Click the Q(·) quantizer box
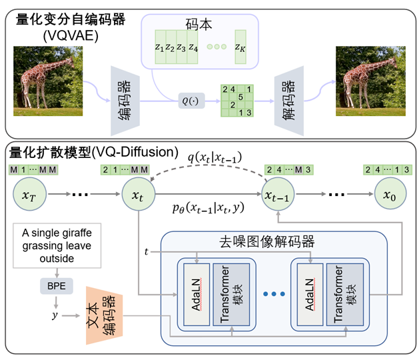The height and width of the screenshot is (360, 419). point(191,101)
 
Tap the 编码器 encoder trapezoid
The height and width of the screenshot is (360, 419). point(125,101)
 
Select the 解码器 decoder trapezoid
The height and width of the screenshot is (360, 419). point(289,101)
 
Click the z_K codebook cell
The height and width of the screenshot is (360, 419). point(240,47)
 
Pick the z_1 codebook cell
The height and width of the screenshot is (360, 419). point(161,47)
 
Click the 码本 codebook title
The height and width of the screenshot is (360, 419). point(199,25)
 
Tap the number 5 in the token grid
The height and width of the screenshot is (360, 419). point(240,97)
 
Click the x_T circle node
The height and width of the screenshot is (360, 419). point(29,194)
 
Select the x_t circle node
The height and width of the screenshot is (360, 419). point(139,194)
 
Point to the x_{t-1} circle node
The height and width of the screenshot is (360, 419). point(278,194)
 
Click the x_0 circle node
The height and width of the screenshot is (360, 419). point(390,194)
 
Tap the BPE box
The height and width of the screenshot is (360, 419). point(57,286)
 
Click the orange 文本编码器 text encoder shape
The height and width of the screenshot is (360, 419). point(104,315)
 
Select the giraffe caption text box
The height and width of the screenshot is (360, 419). point(57,245)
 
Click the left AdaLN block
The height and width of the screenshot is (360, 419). point(197,295)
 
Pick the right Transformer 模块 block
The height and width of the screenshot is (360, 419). point(345,295)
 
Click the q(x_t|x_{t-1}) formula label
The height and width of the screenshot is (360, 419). point(215,157)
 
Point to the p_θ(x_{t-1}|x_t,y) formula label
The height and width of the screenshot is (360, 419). point(208,207)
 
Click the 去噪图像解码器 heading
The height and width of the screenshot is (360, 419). point(266,241)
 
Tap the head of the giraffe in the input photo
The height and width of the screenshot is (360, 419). point(71,61)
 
